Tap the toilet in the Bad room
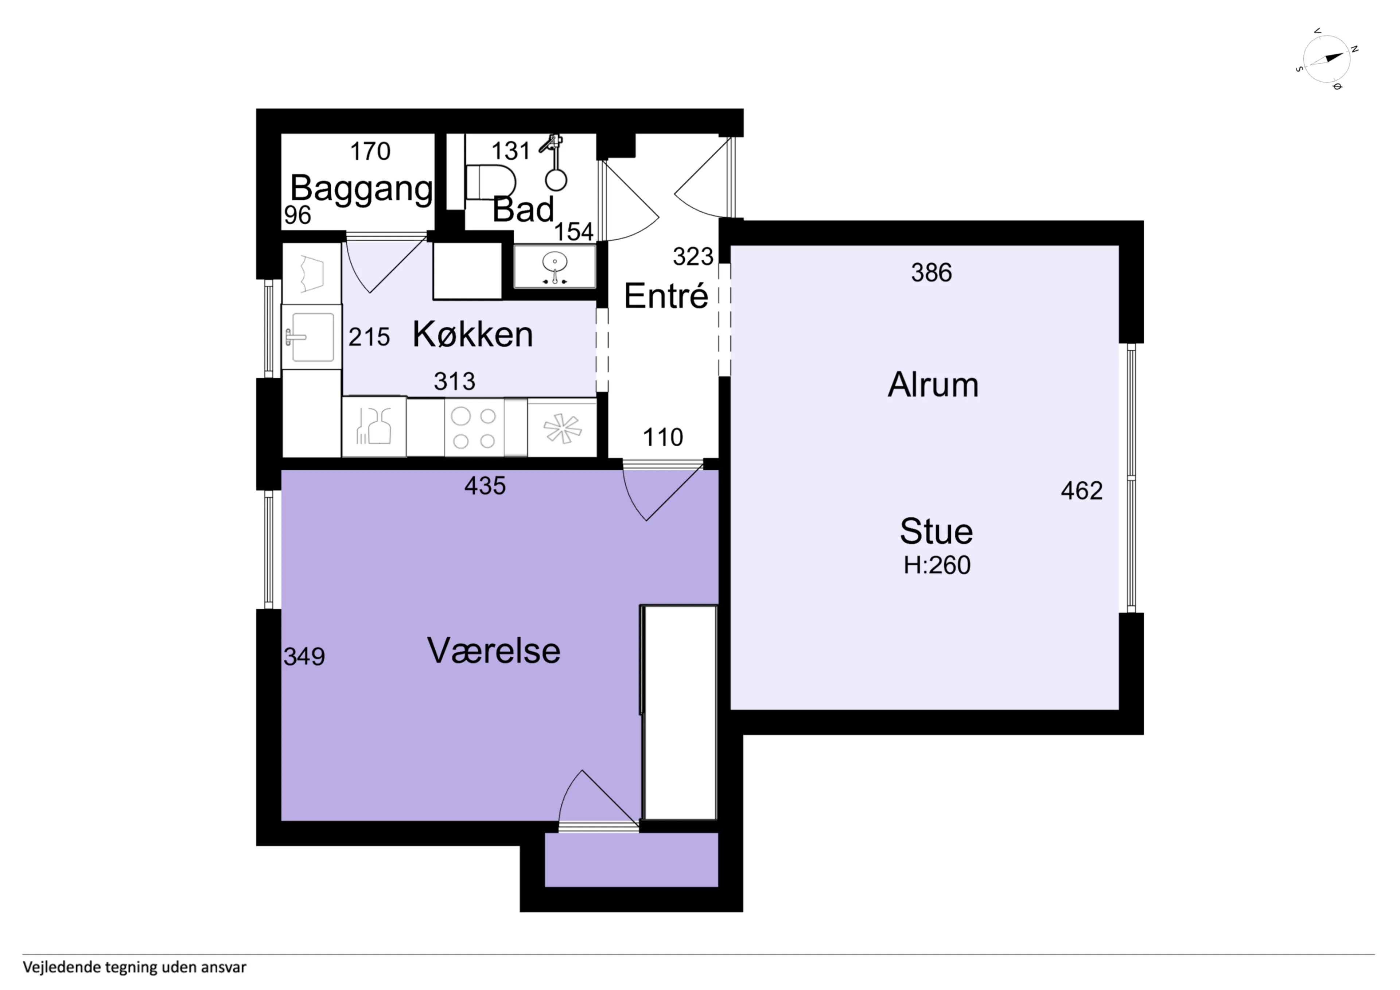(x=490, y=181)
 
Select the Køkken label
(x=472, y=334)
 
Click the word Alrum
(x=933, y=385)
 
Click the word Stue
(x=936, y=531)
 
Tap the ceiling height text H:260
(x=937, y=566)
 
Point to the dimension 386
(x=931, y=273)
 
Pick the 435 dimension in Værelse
(x=485, y=486)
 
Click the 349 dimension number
(x=304, y=656)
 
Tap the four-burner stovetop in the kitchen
(x=474, y=428)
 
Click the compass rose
(x=1327, y=59)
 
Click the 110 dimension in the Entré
(x=663, y=437)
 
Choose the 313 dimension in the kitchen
(x=454, y=381)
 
